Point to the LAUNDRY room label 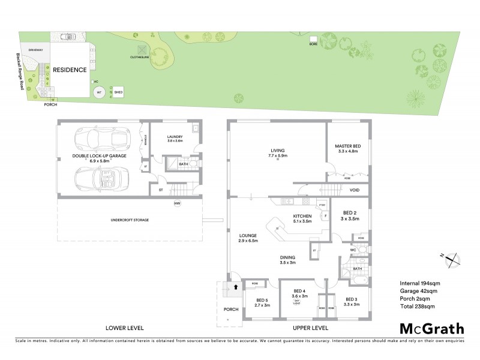tap(175, 137)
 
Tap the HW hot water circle tap(177, 204)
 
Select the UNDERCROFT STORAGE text tap(129, 220)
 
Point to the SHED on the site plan tap(118, 92)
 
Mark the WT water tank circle tap(99, 92)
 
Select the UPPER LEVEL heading tap(310, 328)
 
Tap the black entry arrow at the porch tap(236, 287)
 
